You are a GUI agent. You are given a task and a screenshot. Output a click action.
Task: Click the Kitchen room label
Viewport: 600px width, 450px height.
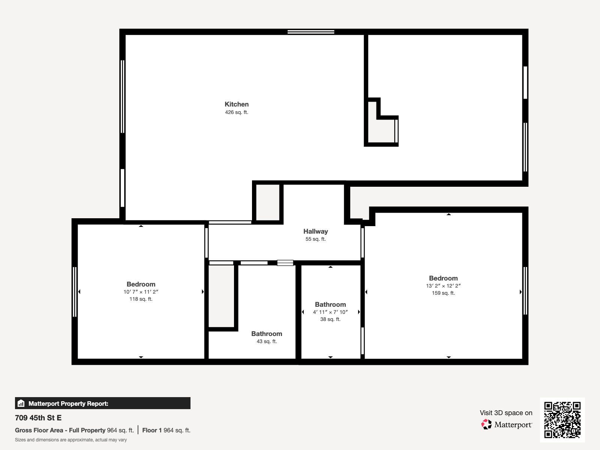[237, 104]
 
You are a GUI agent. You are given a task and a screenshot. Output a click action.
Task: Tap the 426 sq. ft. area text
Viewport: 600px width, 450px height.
[237, 112]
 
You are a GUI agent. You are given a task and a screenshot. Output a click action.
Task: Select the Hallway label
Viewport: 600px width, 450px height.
[315, 231]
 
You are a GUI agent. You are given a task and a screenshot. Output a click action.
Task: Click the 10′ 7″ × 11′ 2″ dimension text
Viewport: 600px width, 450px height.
[141, 292]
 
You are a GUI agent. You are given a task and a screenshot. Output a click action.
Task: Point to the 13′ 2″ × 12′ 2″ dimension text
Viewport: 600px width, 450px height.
[443, 286]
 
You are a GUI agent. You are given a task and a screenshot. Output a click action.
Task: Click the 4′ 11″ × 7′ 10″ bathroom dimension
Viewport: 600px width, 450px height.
[330, 312]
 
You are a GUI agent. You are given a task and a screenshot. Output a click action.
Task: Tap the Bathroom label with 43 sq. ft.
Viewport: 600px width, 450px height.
[267, 334]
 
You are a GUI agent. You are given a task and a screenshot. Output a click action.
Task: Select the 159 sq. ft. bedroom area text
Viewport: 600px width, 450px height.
[443, 293]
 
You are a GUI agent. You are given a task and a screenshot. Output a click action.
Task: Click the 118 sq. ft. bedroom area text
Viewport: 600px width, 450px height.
[141, 299]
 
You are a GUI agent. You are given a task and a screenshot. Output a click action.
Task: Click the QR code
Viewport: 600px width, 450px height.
[562, 420]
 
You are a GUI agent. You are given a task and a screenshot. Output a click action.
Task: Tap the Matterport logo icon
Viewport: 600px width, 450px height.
[486, 424]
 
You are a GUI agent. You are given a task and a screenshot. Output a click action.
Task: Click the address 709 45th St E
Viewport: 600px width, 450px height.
[38, 418]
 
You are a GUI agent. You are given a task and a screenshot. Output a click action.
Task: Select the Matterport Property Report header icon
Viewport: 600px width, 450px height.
[21, 403]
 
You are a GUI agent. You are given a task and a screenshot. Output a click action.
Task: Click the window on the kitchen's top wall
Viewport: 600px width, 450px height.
[311, 32]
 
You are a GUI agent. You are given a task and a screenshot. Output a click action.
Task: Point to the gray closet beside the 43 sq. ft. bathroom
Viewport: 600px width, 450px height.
[221, 296]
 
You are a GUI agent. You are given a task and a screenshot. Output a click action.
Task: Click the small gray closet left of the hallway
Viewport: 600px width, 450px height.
[268, 202]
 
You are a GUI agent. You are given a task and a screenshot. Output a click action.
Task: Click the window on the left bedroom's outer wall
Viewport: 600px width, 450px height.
[75, 292]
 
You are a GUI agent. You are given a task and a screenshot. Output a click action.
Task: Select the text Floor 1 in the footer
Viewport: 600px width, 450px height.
[152, 430]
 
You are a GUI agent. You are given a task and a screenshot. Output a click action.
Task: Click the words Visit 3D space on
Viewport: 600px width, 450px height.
[506, 413]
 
